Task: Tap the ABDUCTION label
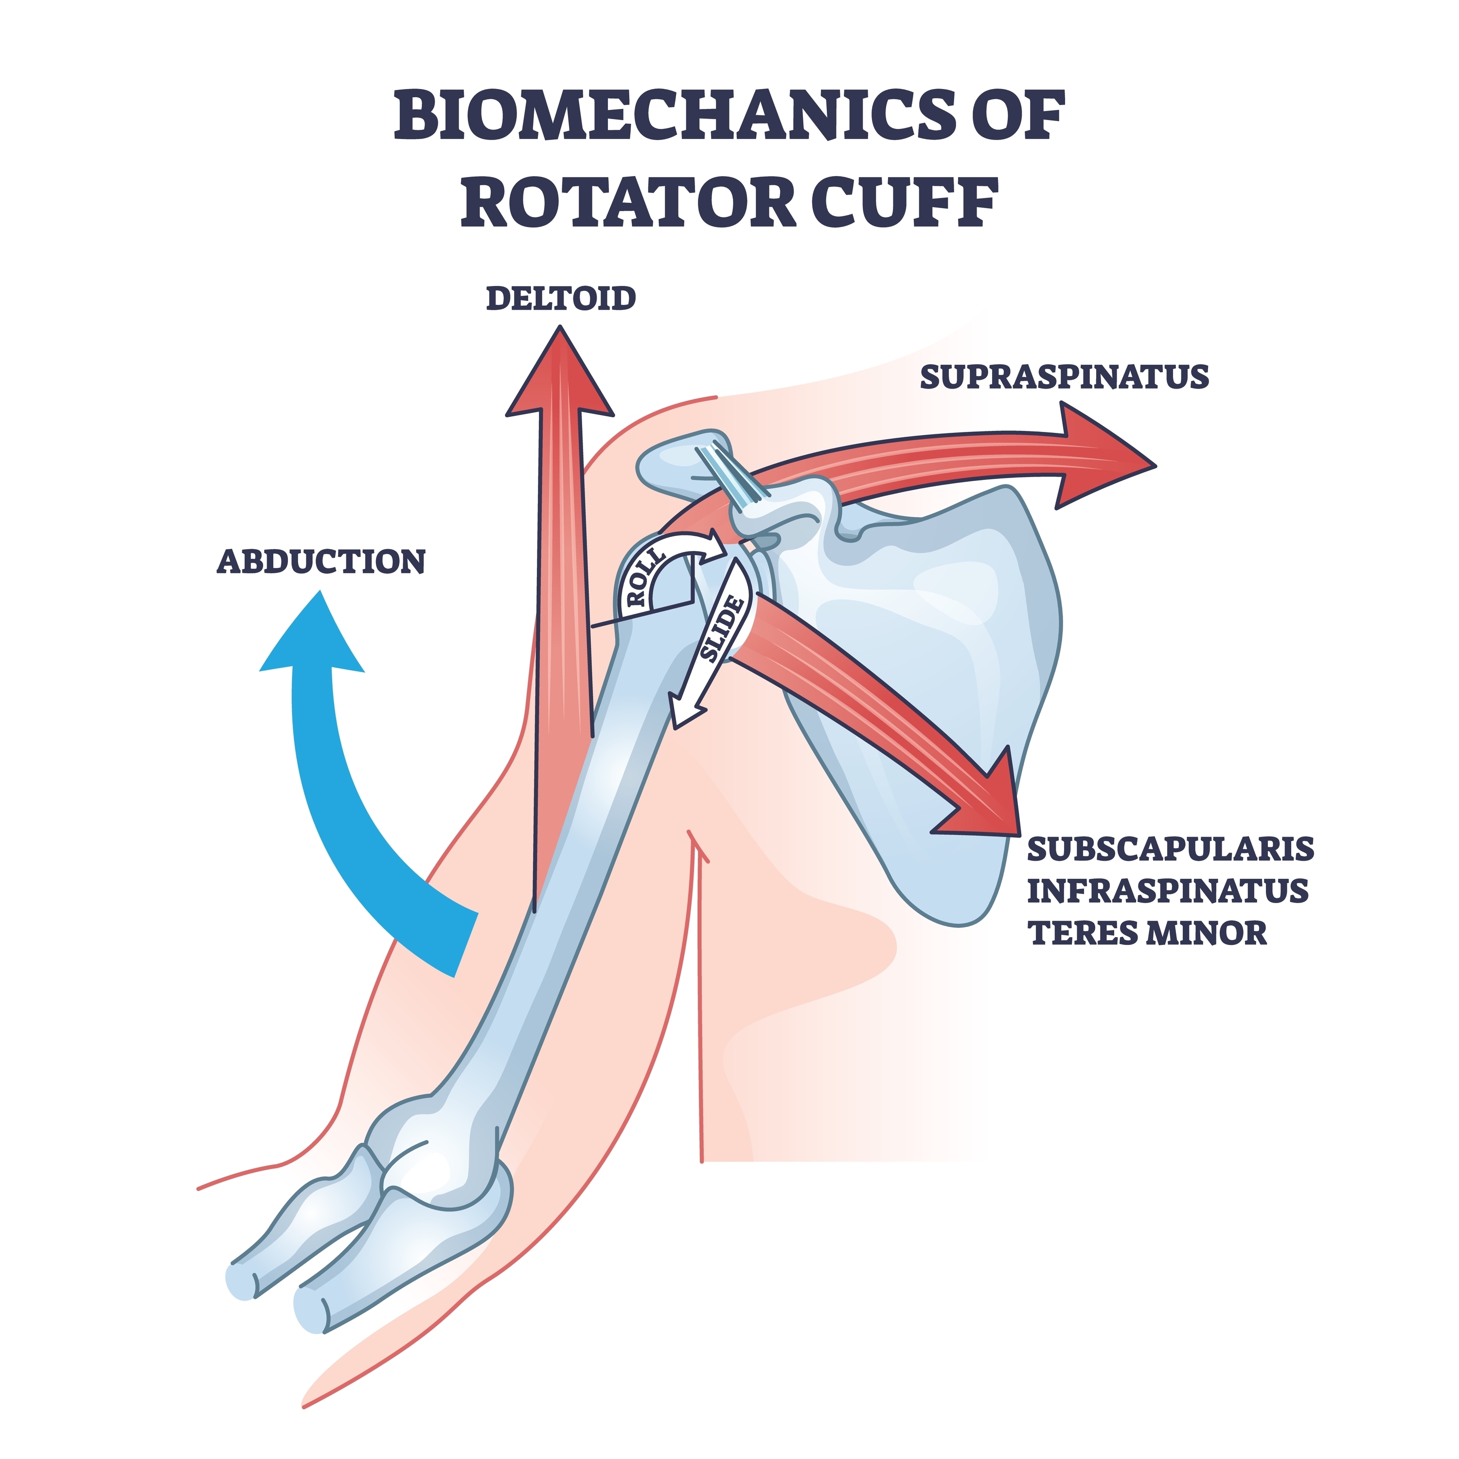321,562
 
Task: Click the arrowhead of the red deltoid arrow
560,374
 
